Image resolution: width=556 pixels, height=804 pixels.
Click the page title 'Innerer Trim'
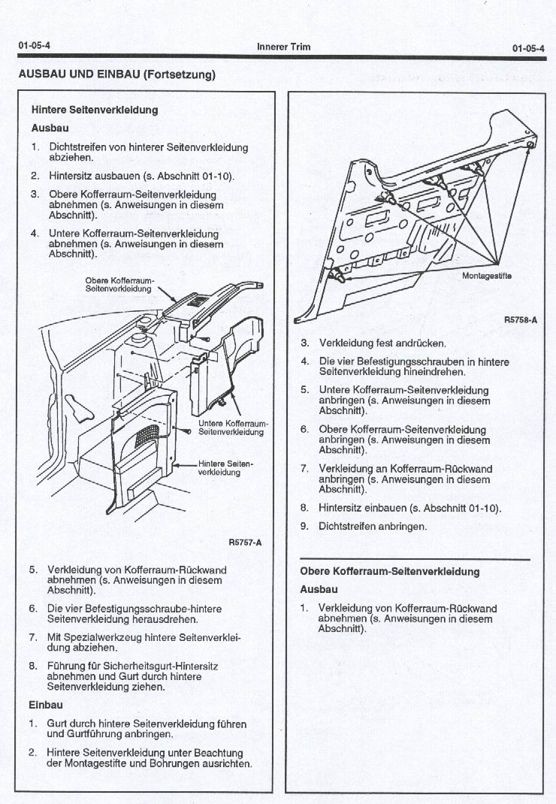283,47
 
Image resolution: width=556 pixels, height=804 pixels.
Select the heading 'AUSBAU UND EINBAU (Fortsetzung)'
116,74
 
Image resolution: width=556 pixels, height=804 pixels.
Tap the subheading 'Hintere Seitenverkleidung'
95,110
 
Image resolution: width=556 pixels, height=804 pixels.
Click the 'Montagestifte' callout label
486,275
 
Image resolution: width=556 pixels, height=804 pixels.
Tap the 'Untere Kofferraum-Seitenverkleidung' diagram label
232,427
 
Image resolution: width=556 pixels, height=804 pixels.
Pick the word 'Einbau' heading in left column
46,705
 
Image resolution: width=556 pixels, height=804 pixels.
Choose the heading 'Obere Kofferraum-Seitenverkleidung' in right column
389,572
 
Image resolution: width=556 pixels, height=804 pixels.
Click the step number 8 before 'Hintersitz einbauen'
304,508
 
